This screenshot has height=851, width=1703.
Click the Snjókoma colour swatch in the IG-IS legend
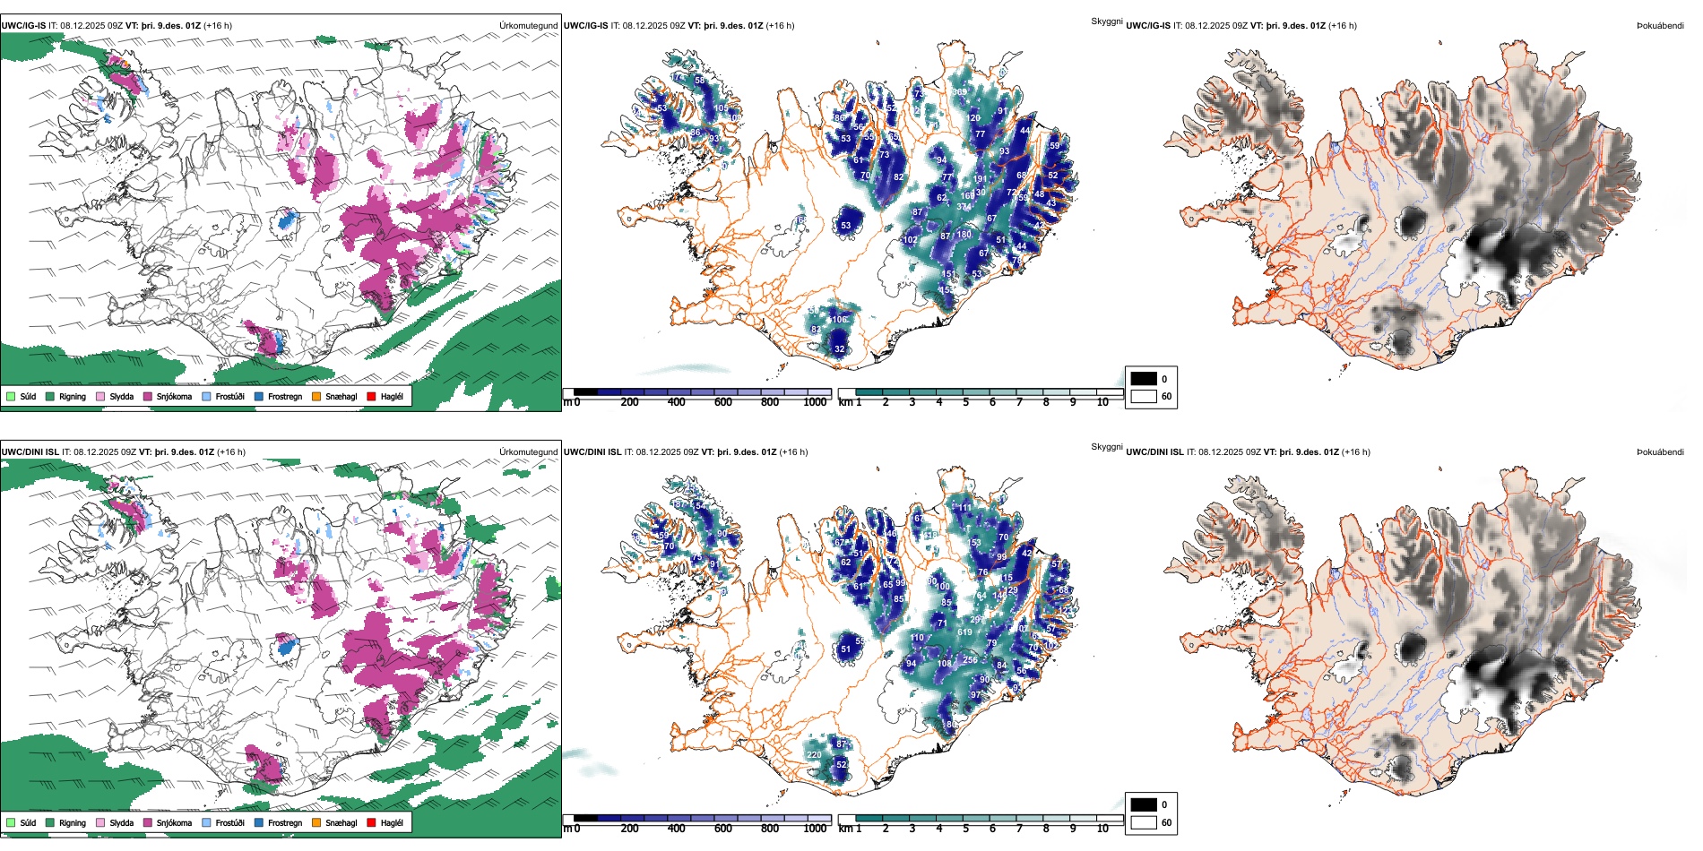pyautogui.click(x=148, y=396)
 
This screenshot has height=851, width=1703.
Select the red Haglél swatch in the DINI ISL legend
pyautogui.click(x=371, y=822)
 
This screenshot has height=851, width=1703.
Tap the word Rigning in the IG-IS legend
pyautogui.click(x=73, y=396)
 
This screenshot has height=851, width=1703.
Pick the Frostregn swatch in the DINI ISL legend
pyautogui.click(x=259, y=822)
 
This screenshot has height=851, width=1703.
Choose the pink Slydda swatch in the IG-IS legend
pyautogui.click(x=100, y=396)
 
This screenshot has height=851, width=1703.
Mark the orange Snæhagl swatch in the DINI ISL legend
pyautogui.click(x=316, y=822)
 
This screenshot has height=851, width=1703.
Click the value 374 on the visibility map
pyautogui.click(x=964, y=207)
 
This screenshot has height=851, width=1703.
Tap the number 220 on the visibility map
pyautogui.click(x=814, y=755)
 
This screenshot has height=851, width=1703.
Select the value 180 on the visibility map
pyautogui.click(x=964, y=235)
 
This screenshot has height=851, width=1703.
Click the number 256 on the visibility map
pyautogui.click(x=970, y=660)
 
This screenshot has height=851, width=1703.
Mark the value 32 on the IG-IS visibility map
pyautogui.click(x=840, y=349)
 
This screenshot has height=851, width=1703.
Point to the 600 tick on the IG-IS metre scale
pyautogui.click(x=722, y=402)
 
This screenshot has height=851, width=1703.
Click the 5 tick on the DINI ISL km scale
pyautogui.click(x=965, y=829)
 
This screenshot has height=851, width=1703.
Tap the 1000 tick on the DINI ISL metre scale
pyautogui.click(x=815, y=829)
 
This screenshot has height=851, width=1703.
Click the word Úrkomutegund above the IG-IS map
pyautogui.click(x=528, y=26)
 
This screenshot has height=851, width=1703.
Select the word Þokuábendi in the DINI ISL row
pyautogui.click(x=1660, y=452)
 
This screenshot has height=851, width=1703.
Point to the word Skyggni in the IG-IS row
pyautogui.click(x=1106, y=21)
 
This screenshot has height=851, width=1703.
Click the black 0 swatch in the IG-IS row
pyautogui.click(x=1144, y=379)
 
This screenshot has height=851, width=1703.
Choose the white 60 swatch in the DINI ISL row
pyautogui.click(x=1144, y=822)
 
